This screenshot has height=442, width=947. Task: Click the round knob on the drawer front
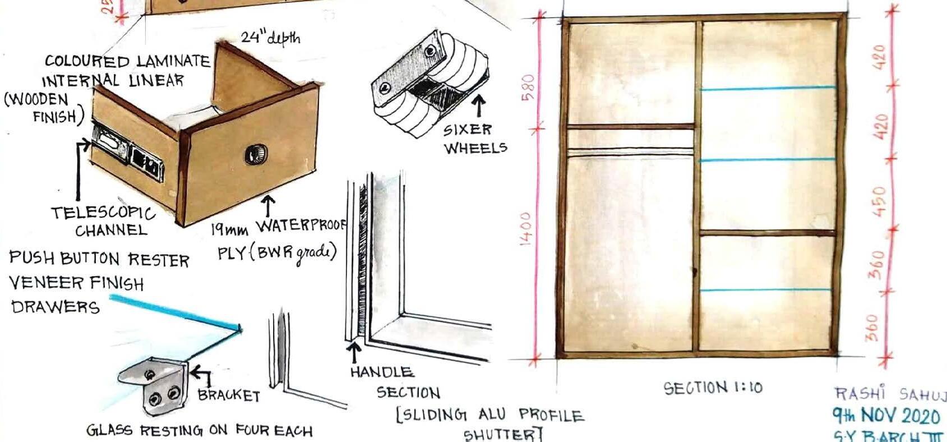point(256,154)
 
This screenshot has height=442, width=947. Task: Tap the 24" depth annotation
point(270,38)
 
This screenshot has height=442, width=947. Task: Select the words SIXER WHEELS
point(475,139)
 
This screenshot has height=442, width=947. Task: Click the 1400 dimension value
point(526,228)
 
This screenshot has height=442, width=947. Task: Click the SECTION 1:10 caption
point(713,388)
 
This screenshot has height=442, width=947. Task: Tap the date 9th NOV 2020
point(885,416)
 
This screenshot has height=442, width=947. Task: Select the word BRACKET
point(229,395)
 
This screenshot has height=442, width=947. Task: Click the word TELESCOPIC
point(103,213)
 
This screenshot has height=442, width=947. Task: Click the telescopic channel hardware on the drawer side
point(128,155)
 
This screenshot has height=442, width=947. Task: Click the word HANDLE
point(382,372)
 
